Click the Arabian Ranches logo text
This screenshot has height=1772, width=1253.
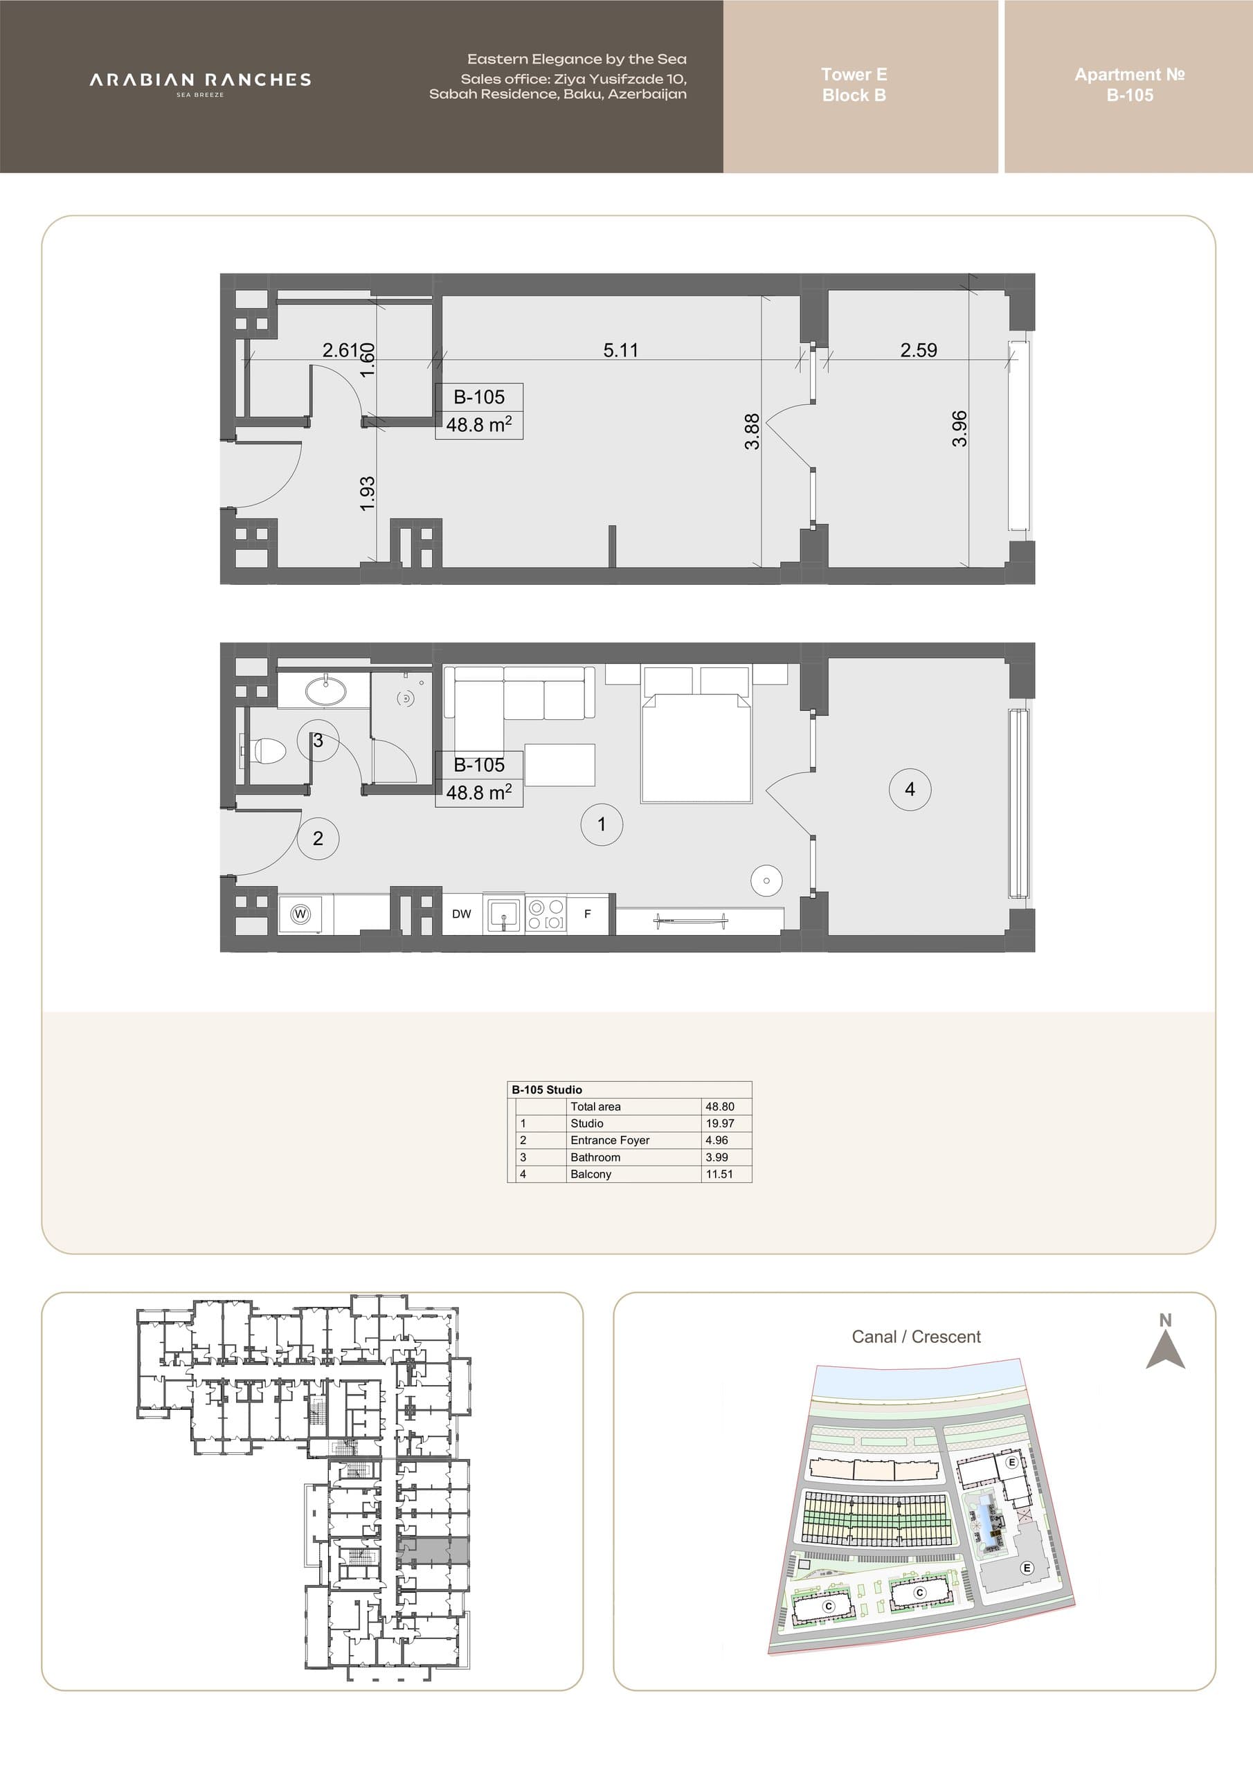point(200,80)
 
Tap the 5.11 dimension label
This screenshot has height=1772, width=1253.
point(621,350)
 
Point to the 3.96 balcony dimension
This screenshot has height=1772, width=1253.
point(959,428)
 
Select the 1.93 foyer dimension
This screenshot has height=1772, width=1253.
point(368,493)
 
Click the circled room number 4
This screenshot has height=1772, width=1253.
point(910,789)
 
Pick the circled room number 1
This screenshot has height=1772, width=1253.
point(602,824)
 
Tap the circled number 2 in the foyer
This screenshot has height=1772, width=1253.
point(318,838)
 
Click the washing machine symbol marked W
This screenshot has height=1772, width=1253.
point(301,914)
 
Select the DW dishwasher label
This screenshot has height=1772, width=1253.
point(462,914)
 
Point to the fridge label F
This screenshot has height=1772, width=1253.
point(588,914)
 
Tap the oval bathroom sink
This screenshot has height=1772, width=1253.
point(325,691)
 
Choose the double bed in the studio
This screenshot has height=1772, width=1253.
point(696,748)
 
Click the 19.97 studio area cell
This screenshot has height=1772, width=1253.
point(719,1123)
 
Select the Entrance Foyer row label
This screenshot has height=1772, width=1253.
point(610,1140)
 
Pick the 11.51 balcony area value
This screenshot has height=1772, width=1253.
point(719,1174)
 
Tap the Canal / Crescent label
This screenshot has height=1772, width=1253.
point(917,1337)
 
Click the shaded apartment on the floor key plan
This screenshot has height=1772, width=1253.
point(433,1550)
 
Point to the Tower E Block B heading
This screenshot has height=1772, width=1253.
point(854,85)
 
